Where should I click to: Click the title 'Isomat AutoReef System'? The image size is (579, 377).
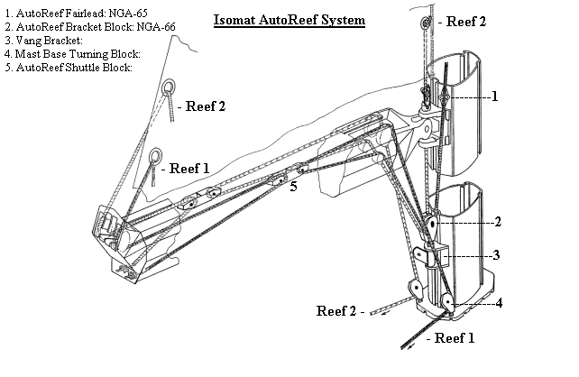click(x=289, y=18)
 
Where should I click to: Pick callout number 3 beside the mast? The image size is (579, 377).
click(x=495, y=255)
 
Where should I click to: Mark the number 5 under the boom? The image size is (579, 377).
click(x=293, y=187)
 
